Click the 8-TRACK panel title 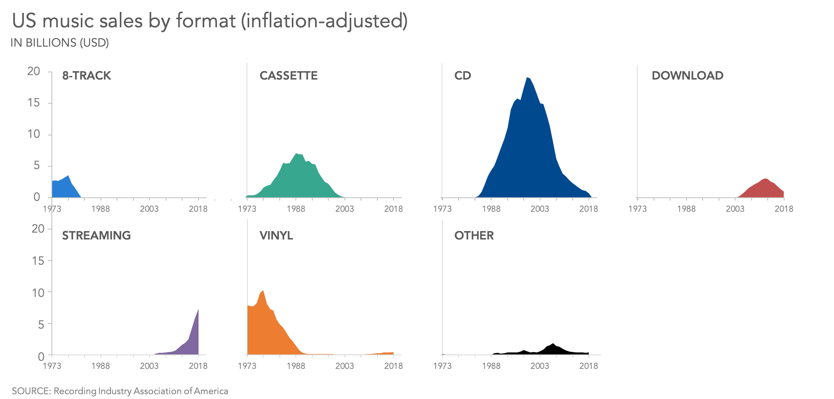click(86, 76)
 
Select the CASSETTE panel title click(288, 76)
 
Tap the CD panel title click(462, 76)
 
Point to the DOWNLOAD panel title click(687, 76)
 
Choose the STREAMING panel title click(96, 235)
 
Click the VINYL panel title click(276, 235)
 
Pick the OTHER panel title click(474, 235)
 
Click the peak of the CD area click(527, 78)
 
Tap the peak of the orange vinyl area click(263, 291)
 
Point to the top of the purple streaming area click(198, 310)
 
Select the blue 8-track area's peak click(68, 176)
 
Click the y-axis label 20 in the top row click(34, 72)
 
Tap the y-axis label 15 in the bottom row click(38, 261)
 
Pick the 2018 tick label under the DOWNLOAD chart click(784, 209)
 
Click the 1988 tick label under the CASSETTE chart click(296, 209)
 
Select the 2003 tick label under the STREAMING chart click(149, 366)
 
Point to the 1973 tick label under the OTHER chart click(442, 366)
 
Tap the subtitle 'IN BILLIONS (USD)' click(59, 43)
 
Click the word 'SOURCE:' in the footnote click(31, 391)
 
